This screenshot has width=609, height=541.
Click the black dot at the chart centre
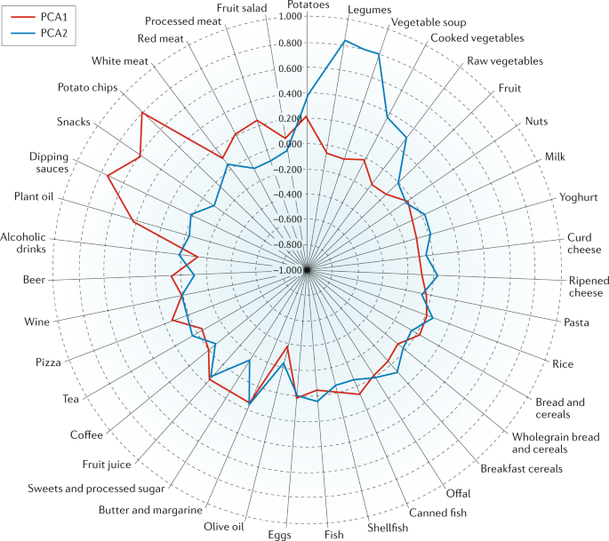(306, 269)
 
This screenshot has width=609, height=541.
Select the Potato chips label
(88, 87)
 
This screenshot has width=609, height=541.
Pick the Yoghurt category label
(578, 197)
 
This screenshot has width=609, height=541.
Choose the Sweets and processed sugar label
(96, 489)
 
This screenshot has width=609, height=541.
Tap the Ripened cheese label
(585, 287)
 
